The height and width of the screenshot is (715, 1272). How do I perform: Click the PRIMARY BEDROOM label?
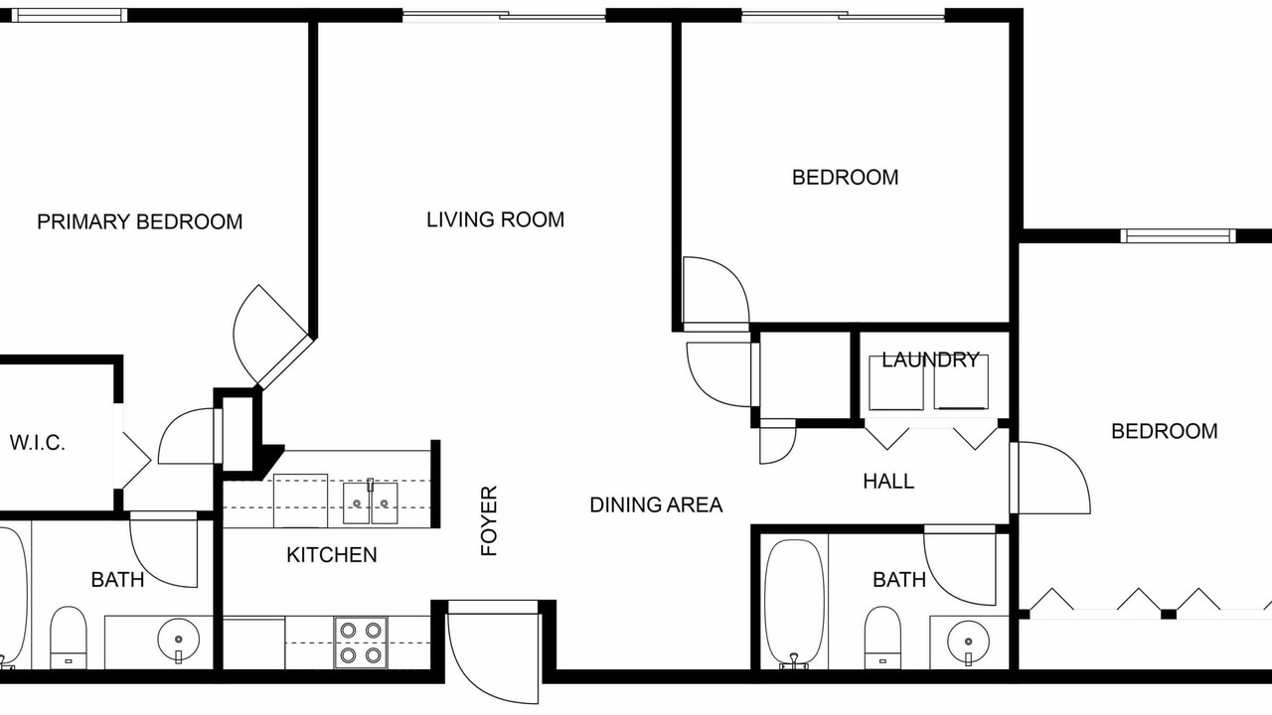click(x=140, y=221)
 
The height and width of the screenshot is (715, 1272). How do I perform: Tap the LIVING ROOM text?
click(x=495, y=219)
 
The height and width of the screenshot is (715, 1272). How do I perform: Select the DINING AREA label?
click(x=656, y=504)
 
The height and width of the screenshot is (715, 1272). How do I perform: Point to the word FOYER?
click(x=489, y=520)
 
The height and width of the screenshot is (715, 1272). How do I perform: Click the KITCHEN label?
click(x=332, y=554)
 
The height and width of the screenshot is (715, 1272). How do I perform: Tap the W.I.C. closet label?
click(x=38, y=443)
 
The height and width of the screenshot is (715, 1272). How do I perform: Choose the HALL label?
click(x=888, y=482)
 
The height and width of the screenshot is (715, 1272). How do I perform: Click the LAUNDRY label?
click(x=930, y=359)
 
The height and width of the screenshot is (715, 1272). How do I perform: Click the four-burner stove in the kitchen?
click(x=361, y=643)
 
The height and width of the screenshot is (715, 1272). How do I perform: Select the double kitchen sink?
click(x=371, y=502)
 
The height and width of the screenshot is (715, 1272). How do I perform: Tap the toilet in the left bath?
click(x=69, y=638)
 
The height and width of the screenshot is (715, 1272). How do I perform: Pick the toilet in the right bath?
click(x=882, y=638)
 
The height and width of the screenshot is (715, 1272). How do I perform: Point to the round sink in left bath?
click(x=178, y=640)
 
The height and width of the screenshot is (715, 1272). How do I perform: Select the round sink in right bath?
click(x=968, y=642)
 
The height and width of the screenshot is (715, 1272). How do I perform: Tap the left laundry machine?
click(x=896, y=382)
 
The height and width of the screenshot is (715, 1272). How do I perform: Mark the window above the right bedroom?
click(x=1179, y=235)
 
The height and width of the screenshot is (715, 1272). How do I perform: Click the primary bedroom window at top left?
click(x=70, y=15)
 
